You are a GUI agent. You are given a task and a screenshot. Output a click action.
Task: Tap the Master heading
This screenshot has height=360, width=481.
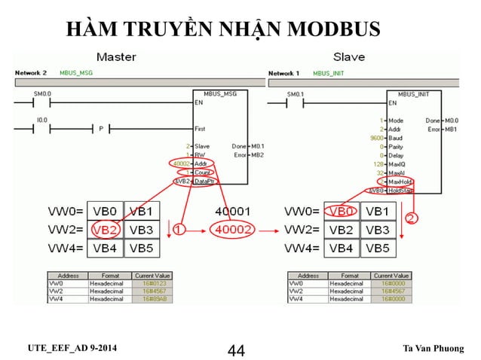(x=116, y=57)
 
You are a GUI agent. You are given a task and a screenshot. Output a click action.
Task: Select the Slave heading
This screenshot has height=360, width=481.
(x=349, y=57)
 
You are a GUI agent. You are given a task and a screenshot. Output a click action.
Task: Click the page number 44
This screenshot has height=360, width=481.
(x=237, y=350)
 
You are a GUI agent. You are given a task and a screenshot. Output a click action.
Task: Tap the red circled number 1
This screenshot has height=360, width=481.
(x=179, y=227)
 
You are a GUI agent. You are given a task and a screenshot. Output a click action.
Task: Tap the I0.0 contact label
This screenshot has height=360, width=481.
(x=41, y=119)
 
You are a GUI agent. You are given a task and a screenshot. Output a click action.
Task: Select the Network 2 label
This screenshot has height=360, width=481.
(x=31, y=73)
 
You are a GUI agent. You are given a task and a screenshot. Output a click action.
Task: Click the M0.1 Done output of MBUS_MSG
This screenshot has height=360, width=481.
(x=257, y=146)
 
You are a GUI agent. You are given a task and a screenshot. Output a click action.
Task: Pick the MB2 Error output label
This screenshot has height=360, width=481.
(x=257, y=155)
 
